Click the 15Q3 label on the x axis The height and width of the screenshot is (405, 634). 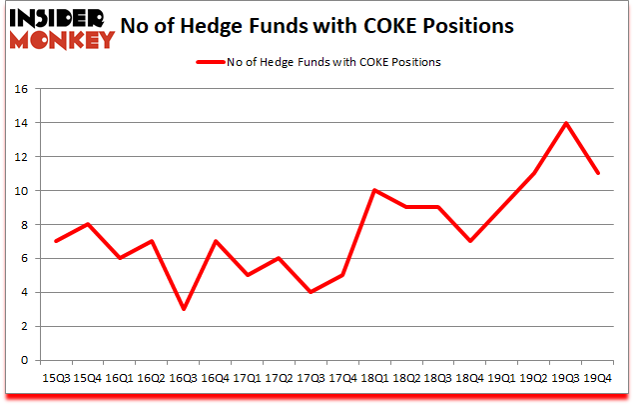pyautogui.click(x=57, y=377)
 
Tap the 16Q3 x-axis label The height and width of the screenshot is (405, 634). pyautogui.click(x=184, y=377)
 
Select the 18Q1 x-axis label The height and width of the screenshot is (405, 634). pyautogui.click(x=373, y=377)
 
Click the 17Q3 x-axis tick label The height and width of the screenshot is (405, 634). pyautogui.click(x=311, y=377)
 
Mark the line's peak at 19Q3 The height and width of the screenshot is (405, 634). pyautogui.click(x=564, y=123)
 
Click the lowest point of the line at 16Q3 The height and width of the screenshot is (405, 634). pyautogui.click(x=184, y=309)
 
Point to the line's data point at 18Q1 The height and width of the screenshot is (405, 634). pyautogui.click(x=373, y=191)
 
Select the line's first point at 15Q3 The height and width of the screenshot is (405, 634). pyautogui.click(x=57, y=241)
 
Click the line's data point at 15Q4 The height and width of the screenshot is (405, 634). pyautogui.click(x=89, y=224)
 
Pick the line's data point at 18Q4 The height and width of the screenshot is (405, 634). pyautogui.click(x=468, y=241)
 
